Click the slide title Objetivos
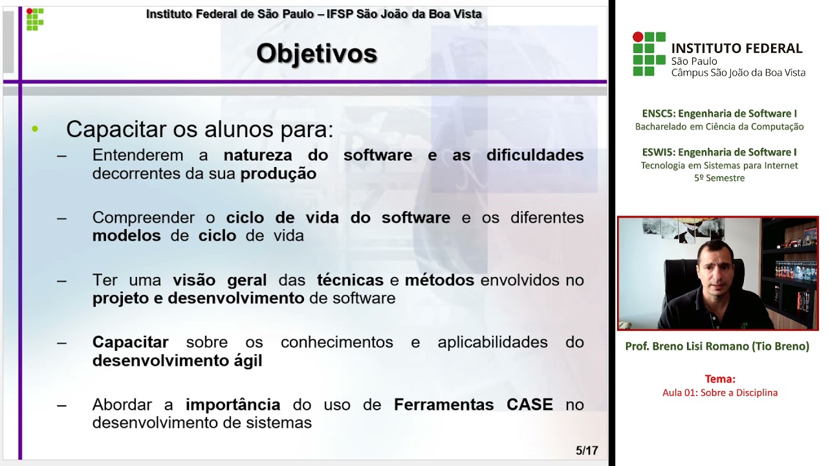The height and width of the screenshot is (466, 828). click(x=316, y=53)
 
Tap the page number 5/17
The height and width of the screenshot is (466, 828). click(x=587, y=450)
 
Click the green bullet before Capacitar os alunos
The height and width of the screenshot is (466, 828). click(x=35, y=129)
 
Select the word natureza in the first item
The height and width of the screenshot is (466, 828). click(x=257, y=155)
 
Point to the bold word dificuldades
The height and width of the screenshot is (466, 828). click(x=535, y=155)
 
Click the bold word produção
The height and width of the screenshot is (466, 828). click(x=278, y=173)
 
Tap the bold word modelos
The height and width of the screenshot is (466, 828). click(x=126, y=236)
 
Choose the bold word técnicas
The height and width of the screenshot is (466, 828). click(x=350, y=280)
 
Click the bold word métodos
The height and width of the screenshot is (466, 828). click(x=439, y=280)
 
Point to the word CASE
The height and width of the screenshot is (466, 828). click(x=529, y=405)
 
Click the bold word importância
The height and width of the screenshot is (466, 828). click(x=233, y=405)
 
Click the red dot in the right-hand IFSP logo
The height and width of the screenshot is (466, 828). click(x=638, y=37)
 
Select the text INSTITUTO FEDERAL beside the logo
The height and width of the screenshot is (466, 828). click(x=737, y=49)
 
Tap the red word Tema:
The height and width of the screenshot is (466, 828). click(x=720, y=379)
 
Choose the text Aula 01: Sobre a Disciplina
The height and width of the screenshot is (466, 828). click(x=720, y=392)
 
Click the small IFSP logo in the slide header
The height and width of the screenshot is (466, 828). click(x=35, y=19)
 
